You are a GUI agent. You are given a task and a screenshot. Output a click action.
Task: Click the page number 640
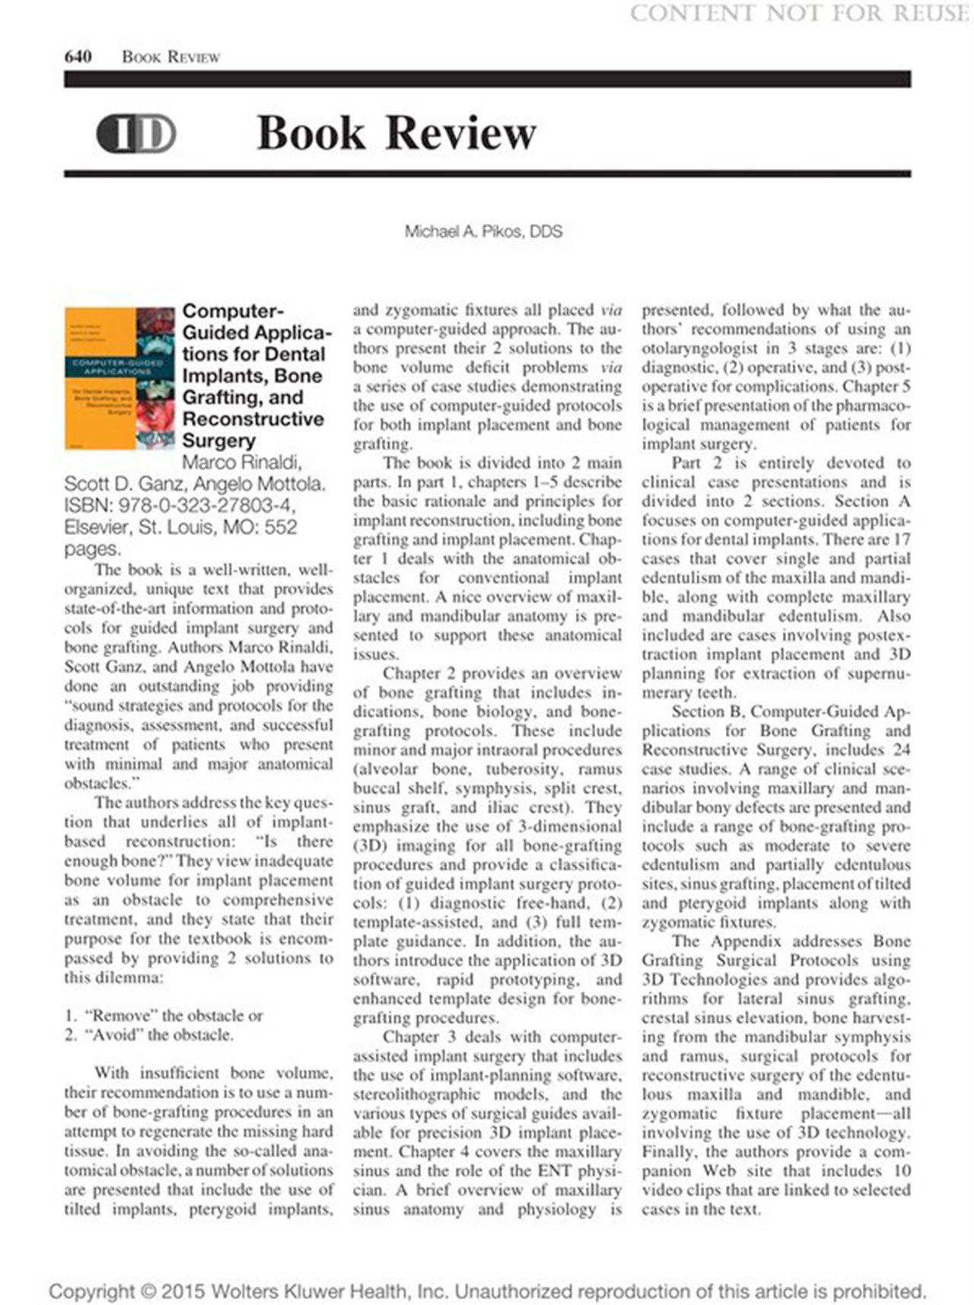click(x=78, y=57)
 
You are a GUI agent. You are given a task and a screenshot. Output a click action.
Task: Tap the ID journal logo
click(x=136, y=134)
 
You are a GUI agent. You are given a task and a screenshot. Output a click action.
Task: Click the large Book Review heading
click(x=396, y=133)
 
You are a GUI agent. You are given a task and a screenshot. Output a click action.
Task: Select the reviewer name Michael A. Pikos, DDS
click(x=483, y=231)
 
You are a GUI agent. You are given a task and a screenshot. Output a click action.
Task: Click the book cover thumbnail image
click(x=119, y=377)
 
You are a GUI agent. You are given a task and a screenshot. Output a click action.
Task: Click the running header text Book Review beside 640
click(x=171, y=57)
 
